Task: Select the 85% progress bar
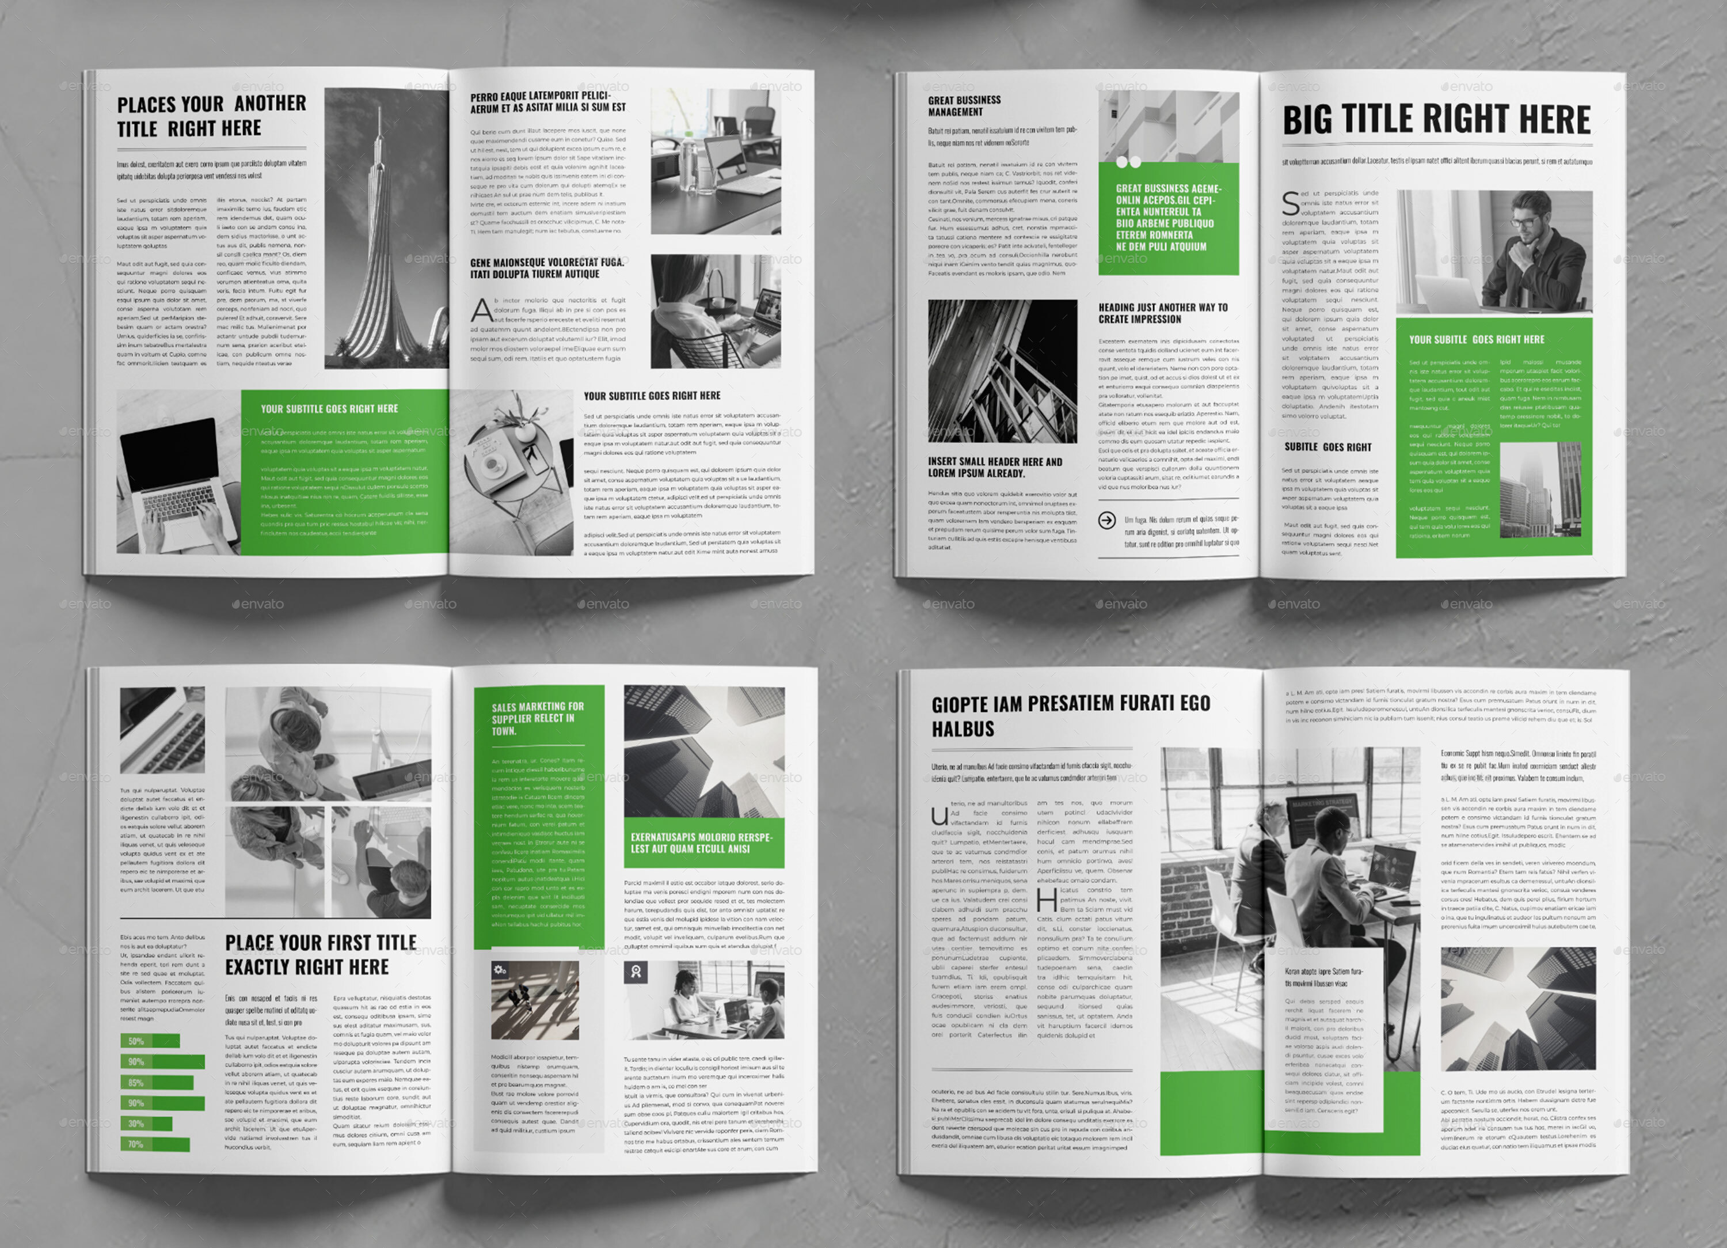coord(157,1083)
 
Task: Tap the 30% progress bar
coord(146,1124)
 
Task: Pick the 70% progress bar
coord(155,1144)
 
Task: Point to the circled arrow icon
coord(1107,521)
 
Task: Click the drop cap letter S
coord(1291,203)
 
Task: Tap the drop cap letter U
coord(939,816)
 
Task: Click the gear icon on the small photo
coord(500,970)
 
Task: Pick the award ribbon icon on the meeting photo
coord(636,972)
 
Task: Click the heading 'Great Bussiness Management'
coord(964,106)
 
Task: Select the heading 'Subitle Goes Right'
coord(1327,447)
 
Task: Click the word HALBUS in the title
coord(963,729)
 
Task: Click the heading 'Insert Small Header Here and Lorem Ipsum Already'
coord(995,467)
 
